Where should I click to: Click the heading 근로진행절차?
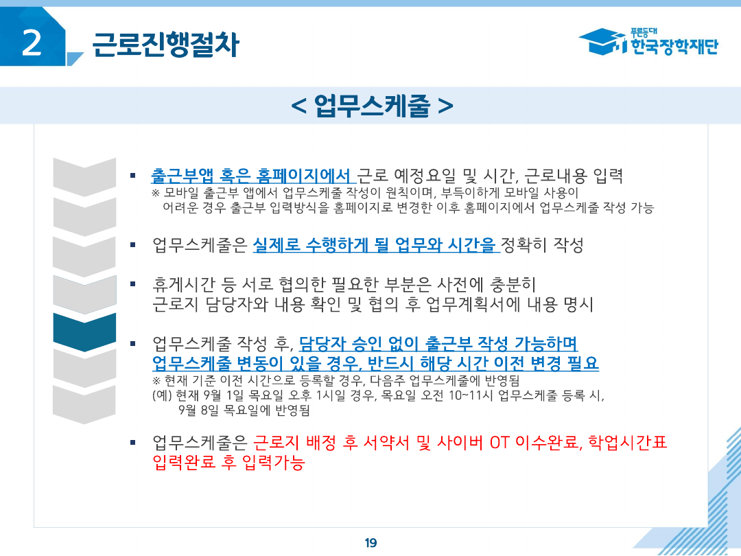(x=165, y=45)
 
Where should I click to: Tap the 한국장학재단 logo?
(x=648, y=42)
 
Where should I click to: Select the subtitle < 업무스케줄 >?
(x=371, y=106)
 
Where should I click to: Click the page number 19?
(x=370, y=543)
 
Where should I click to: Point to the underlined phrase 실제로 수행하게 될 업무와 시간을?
(x=375, y=244)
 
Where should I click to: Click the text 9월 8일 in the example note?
(x=194, y=410)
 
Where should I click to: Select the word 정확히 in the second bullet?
(x=526, y=244)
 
